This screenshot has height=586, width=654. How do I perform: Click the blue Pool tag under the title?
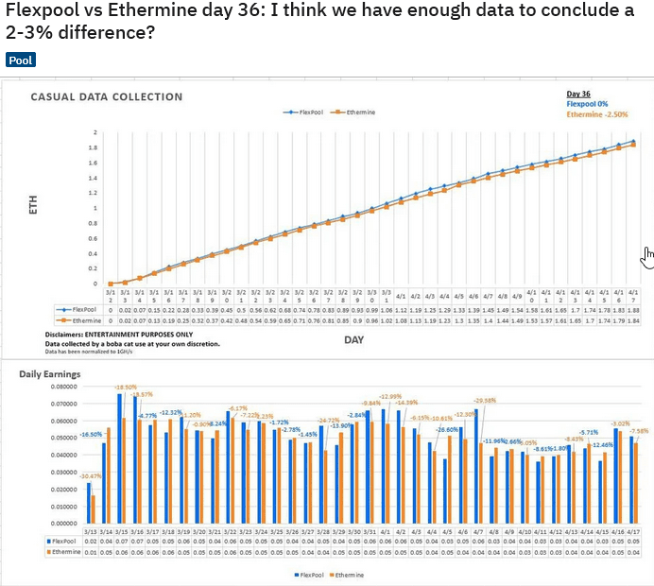coord(21,60)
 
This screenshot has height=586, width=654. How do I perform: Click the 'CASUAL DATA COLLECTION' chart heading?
coord(107,96)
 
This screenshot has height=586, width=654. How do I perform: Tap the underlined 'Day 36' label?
coord(578,95)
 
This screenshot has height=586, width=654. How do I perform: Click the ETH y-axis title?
coord(33,206)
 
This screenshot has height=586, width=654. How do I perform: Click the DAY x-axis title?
coord(354,339)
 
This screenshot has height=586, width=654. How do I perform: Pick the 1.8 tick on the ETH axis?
coord(95,147)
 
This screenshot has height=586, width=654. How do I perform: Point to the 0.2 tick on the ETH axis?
coord(95,268)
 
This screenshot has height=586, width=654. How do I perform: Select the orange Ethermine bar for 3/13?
coord(94,508)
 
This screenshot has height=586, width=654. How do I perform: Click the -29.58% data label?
coord(484,400)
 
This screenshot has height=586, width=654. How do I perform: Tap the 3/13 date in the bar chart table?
coord(92,532)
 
